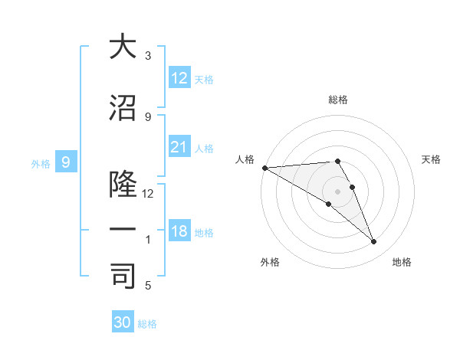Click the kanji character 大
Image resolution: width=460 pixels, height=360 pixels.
[x=123, y=47]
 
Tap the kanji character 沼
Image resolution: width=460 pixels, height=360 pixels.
[x=123, y=109]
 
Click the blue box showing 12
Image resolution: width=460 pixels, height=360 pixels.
[x=179, y=78]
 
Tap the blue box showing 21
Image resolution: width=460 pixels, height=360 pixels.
[x=179, y=147]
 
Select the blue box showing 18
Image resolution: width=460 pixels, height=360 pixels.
[x=179, y=231]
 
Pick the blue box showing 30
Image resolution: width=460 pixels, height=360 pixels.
[x=123, y=322]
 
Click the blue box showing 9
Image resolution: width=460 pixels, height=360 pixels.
[x=66, y=162]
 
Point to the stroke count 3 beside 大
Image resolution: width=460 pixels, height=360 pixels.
[x=148, y=56]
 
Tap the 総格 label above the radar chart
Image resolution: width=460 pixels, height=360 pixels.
[x=337, y=100]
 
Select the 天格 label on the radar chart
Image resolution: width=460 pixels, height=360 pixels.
[x=431, y=159]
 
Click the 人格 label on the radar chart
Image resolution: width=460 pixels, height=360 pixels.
[x=245, y=159]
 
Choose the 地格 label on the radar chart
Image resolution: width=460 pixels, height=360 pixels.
[x=402, y=262]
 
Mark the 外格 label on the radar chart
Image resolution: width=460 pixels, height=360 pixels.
[x=270, y=262]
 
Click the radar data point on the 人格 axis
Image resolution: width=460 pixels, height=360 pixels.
[x=264, y=168]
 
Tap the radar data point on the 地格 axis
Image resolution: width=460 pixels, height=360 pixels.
[x=373, y=242]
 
